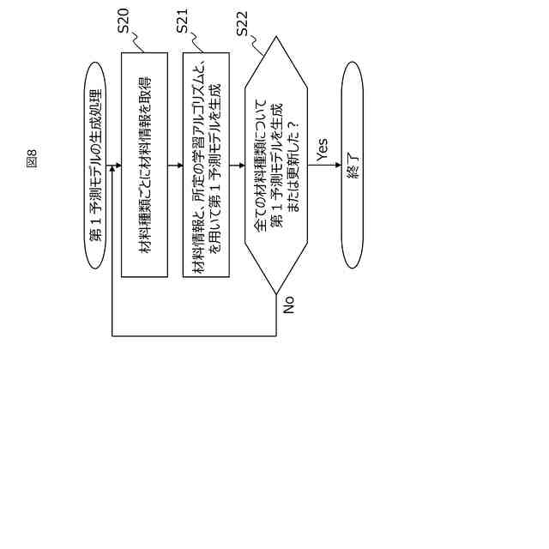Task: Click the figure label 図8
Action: (x=32, y=159)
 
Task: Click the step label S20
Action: (x=124, y=21)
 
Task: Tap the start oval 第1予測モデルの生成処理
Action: (x=96, y=165)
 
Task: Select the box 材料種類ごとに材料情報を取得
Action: (x=144, y=165)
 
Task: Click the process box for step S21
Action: (x=206, y=165)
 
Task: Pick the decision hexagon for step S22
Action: (x=276, y=165)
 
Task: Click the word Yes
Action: (x=322, y=148)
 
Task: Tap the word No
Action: (x=288, y=305)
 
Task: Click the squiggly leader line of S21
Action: (x=197, y=43)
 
